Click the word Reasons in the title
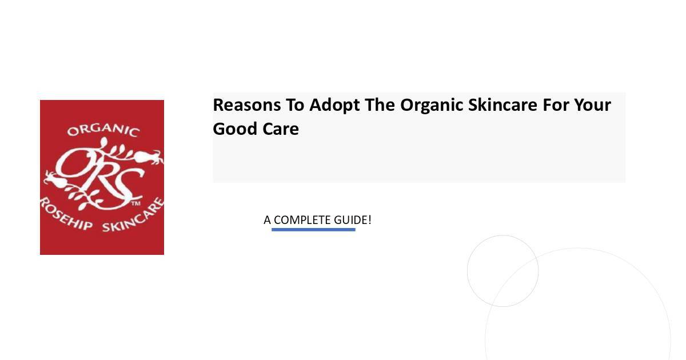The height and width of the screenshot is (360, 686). coord(246,105)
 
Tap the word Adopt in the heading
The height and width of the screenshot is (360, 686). coord(334,106)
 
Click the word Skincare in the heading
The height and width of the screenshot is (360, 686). coord(502,105)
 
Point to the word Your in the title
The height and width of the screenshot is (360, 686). coord(592,105)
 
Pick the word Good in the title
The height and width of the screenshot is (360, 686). coord(235,129)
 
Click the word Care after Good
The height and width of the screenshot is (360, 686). coord(281,129)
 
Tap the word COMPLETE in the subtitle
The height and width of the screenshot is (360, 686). coord(302,220)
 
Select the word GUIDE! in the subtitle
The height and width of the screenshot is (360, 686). coord(353,220)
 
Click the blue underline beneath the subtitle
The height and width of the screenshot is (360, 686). coord(313,230)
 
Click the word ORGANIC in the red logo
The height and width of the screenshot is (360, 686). coord(103,130)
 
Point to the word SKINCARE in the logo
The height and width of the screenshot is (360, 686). coord(134,216)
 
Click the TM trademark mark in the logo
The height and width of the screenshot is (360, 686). coord(136,203)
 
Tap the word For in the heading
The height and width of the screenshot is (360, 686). coord(556,105)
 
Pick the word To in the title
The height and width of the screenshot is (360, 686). coord(295,105)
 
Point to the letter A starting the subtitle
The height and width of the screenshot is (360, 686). coord(267,220)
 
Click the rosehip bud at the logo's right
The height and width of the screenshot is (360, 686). coord(146,157)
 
